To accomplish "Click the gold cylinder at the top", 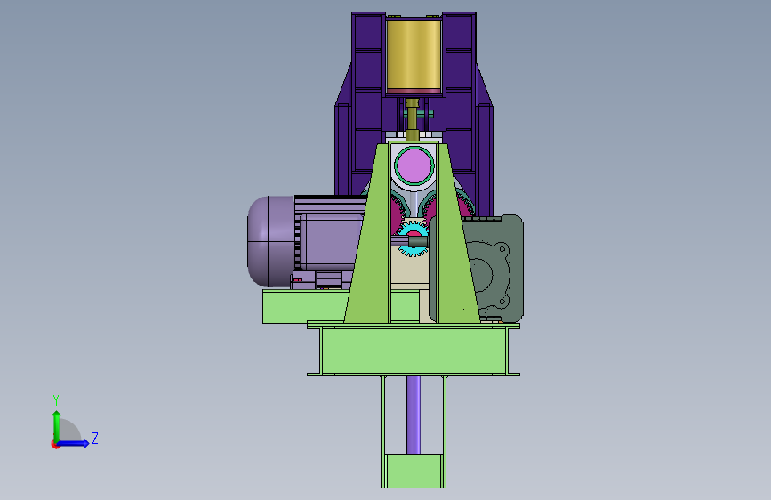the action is (x=414, y=54).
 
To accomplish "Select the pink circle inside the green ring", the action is (x=414, y=165).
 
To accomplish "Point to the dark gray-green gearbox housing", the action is (x=492, y=268).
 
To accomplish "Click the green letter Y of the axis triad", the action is (x=56, y=400).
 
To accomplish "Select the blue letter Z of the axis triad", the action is (x=95, y=438).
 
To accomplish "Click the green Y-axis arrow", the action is (x=57, y=426).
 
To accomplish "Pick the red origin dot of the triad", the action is (x=55, y=444).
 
